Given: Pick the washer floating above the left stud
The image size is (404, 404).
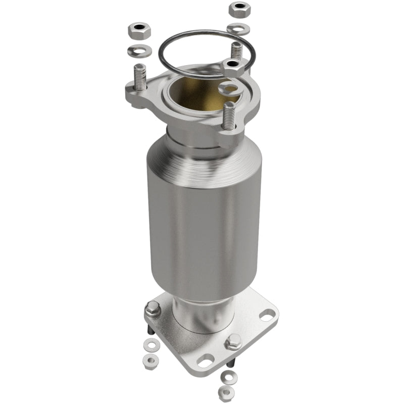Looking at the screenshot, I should point(138,50).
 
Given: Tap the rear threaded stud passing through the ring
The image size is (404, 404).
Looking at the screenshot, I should point(236,50).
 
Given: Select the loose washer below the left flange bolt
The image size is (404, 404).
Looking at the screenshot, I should point(149,346).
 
